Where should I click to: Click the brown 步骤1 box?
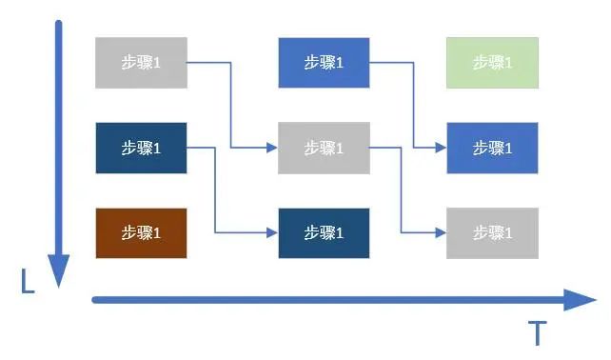tap(141, 232)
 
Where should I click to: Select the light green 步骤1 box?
tap(492, 63)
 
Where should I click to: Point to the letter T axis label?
tap(538, 333)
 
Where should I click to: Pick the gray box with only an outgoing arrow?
tap(141, 63)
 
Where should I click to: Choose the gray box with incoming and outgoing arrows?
tap(324, 148)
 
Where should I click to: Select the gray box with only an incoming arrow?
tap(492, 232)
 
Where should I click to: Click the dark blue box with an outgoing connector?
tap(141, 148)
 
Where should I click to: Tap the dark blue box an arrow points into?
tap(324, 232)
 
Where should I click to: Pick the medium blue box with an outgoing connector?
tap(324, 63)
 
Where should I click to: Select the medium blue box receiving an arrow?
tap(492, 148)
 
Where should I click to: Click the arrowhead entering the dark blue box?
tap(272, 232)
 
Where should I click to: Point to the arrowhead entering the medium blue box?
tap(441, 148)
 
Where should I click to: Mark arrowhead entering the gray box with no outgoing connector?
tap(441, 232)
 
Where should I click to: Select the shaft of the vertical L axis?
tap(59, 143)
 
